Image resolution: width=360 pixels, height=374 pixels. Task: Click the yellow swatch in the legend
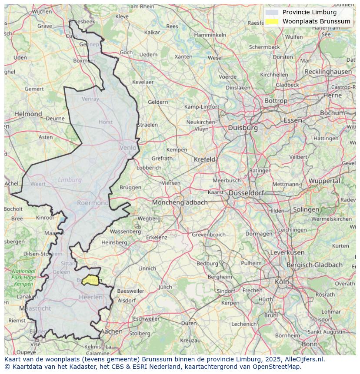pyautogui.click(x=272, y=21)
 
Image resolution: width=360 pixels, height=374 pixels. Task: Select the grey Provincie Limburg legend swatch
pyautogui.click(x=272, y=12)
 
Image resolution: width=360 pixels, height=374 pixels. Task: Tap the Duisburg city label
pyautogui.click(x=243, y=128)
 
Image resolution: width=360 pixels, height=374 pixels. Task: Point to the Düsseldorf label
pyautogui.click(x=246, y=192)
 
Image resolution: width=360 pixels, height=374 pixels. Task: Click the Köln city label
pyautogui.click(x=282, y=281)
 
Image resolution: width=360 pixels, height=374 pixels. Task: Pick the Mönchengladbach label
pyautogui.click(x=180, y=202)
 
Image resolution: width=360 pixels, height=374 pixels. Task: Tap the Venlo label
pyautogui.click(x=128, y=148)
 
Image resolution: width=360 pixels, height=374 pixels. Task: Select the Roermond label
pyautogui.click(x=93, y=202)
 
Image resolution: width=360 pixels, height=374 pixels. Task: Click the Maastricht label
pyautogui.click(x=35, y=308)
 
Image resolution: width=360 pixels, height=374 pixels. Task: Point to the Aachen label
pyautogui.click(x=111, y=331)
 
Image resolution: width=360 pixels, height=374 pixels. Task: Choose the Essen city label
pyautogui.click(x=292, y=120)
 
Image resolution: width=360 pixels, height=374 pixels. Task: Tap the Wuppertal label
pyautogui.click(x=324, y=181)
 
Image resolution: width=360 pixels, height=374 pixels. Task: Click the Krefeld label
pyautogui.click(x=204, y=159)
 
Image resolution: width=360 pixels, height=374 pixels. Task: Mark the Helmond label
pyautogui.click(x=28, y=114)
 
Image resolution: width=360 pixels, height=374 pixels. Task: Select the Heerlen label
pyautogui.click(x=90, y=297)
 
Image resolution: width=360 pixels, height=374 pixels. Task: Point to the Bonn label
pyautogui.click(x=310, y=344)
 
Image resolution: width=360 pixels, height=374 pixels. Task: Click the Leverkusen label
pyautogui.click(x=287, y=252)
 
